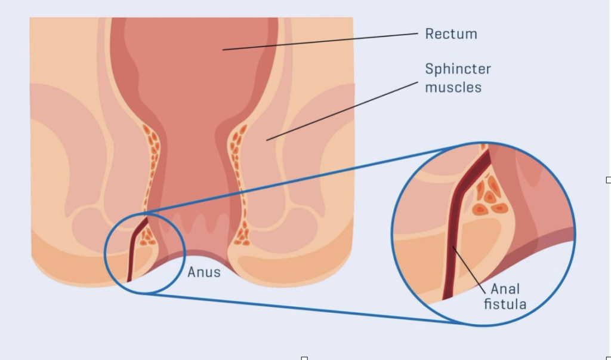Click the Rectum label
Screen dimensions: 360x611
(x=450, y=34)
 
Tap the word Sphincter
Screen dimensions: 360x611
(x=458, y=69)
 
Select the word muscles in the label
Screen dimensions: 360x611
(x=453, y=87)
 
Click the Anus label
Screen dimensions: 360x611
(x=204, y=273)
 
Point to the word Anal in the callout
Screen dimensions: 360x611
(x=505, y=290)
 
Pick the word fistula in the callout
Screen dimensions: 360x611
(x=505, y=304)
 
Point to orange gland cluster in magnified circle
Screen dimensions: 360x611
(x=489, y=195)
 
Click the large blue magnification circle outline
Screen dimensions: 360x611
(x=575, y=233)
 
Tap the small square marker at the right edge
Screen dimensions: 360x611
(x=608, y=180)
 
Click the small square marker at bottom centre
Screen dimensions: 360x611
(x=304, y=358)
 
